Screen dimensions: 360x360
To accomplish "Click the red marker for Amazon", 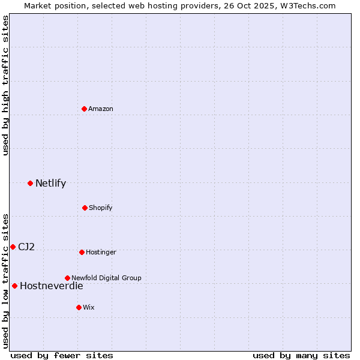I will [x=85, y=109].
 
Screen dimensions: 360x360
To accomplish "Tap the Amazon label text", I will [x=101, y=109].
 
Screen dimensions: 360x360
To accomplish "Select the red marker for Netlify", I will [x=30, y=183].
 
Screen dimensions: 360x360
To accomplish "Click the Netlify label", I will [x=50, y=184].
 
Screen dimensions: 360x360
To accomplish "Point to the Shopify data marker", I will [x=85, y=208].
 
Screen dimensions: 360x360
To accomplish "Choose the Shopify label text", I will [x=101, y=208].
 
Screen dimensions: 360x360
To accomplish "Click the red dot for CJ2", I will [x=13, y=247].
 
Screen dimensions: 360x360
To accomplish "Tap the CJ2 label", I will [x=26, y=247].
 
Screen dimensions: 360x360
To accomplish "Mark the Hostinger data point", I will [x=82, y=252].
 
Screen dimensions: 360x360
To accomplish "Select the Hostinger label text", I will [x=101, y=253].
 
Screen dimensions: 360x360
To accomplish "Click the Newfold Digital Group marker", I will [x=67, y=278].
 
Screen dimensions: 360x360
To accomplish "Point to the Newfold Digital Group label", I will [x=106, y=278].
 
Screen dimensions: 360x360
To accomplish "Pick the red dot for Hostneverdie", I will [x=14, y=286].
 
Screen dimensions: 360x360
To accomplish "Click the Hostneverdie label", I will [x=52, y=286].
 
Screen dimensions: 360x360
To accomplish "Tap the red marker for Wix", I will [x=79, y=307].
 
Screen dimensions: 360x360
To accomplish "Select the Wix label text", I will [x=89, y=308].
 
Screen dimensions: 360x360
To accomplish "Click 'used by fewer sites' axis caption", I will [x=62, y=355].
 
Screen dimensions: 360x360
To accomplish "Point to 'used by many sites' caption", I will [x=301, y=355].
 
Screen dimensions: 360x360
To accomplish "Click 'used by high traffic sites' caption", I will [x=6, y=85].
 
